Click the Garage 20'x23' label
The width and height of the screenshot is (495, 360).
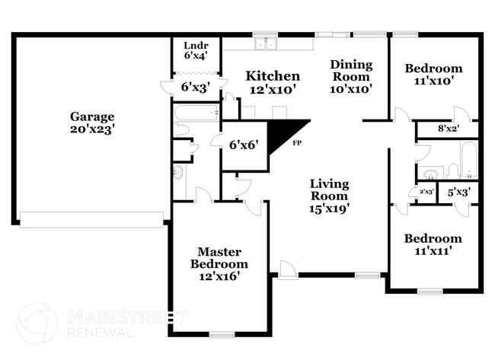[x=93, y=123]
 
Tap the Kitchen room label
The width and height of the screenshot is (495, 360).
[x=272, y=82]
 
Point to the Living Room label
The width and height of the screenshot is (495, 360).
[x=329, y=195]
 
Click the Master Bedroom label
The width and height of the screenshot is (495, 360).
[x=219, y=264]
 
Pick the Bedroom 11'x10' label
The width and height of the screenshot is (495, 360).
[x=433, y=75]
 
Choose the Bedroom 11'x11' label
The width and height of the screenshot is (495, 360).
[x=432, y=244]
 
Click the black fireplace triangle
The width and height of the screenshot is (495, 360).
[x=289, y=132]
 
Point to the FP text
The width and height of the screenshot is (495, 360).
[x=298, y=144]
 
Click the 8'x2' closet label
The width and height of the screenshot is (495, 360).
[x=448, y=129]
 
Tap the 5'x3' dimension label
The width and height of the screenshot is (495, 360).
[x=458, y=193]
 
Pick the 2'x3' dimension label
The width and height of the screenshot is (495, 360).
[x=426, y=193]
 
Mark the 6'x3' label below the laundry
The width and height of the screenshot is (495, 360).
[x=195, y=88]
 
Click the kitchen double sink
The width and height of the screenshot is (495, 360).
[x=266, y=44]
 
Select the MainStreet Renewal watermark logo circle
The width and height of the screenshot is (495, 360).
[x=37, y=323]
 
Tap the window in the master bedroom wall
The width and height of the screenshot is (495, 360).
[x=222, y=334]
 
